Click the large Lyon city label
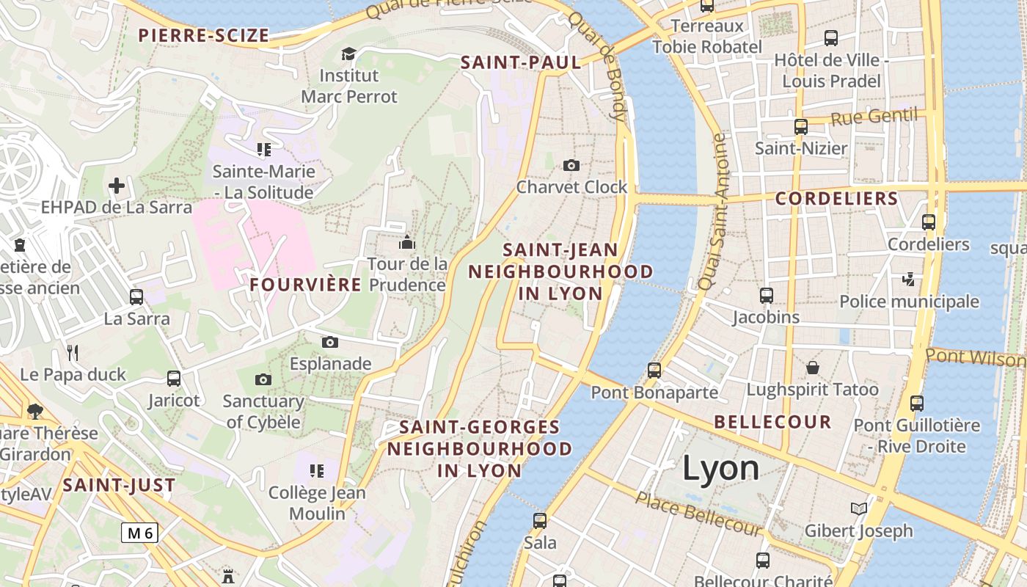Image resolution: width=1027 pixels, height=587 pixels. coord(720,469)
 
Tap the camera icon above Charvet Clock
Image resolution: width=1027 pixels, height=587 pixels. coord(571,165)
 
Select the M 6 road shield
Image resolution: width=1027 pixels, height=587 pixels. coord(139,533)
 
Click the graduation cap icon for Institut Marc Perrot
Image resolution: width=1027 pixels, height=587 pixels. coord(348,54)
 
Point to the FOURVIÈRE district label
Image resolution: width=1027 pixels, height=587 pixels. coord(306,285)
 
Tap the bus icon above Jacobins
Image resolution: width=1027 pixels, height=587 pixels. coord(767,296)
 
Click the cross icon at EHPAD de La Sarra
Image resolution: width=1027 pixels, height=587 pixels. coord(117,185)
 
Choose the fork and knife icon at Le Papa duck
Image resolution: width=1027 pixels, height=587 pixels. coord(73,353)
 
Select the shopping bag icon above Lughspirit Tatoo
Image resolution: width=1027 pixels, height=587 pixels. coord(812,367)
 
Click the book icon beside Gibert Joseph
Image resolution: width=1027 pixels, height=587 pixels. coord(858,508)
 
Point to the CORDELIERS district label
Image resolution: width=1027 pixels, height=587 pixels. coord(836,199)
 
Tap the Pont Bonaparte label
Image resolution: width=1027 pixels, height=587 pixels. coord(654,393)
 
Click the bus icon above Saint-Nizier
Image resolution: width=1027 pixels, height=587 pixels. coord(801,126)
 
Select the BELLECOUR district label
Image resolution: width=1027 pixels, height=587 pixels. coord(772,423)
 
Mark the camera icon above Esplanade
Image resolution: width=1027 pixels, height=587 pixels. coord(330,342)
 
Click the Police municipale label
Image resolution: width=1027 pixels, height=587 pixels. coord(909,302)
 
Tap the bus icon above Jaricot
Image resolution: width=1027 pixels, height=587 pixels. coord(174,379)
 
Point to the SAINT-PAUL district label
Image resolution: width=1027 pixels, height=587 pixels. coord(521,63)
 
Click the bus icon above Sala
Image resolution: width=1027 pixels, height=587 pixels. coord(540,521)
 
